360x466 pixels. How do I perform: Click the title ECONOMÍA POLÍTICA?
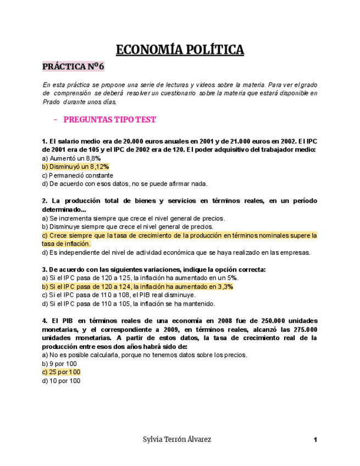pyautogui.click(x=180, y=50)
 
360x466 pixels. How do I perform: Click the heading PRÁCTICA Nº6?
pyautogui.click(x=73, y=67)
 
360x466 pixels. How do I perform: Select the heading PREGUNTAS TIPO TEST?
pyautogui.click(x=109, y=119)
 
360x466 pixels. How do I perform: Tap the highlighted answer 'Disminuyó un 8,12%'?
pyautogui.click(x=75, y=167)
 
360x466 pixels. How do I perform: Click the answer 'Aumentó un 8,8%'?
pyautogui.click(x=71, y=158)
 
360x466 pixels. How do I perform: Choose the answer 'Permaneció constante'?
pyautogui.click(x=77, y=175)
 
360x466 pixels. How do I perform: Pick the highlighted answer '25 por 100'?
pyautogui.click(x=61, y=372)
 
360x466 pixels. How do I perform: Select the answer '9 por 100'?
pyautogui.click(x=59, y=364)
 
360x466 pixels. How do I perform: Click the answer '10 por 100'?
pyautogui.click(x=61, y=381)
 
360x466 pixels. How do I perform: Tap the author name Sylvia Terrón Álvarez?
pyautogui.click(x=176, y=440)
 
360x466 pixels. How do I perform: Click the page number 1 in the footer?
pyautogui.click(x=315, y=440)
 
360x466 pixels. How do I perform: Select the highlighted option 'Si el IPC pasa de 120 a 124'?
pyautogui.click(x=137, y=286)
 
